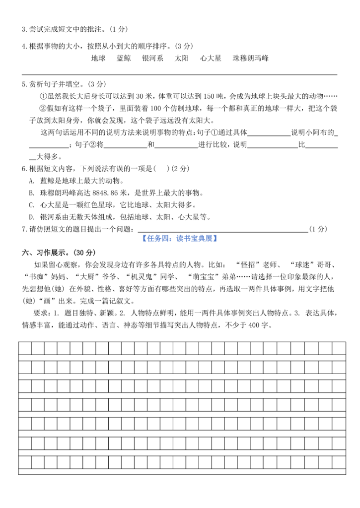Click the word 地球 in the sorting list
(98, 59)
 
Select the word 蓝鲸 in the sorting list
(124, 59)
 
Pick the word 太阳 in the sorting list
(182, 59)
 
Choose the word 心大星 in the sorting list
(211, 59)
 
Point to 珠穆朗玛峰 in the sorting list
(250, 59)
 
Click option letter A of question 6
(31, 181)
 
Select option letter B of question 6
(31, 192)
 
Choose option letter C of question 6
(31, 204)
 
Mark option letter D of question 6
(31, 216)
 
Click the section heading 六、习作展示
(49, 252)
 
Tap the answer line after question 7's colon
(221, 229)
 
